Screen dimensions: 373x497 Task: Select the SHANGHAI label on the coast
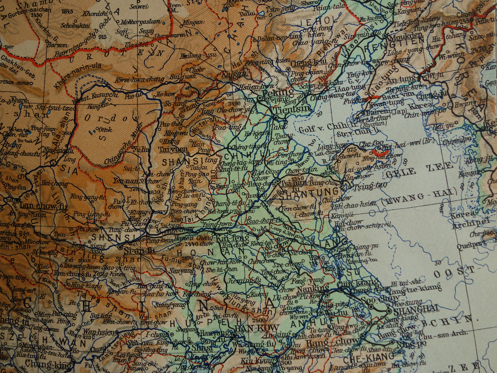click(x=416, y=309)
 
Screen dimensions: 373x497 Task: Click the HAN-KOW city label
click(x=251, y=328)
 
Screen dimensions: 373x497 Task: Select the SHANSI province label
click(x=178, y=161)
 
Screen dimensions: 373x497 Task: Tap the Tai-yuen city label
click(x=173, y=149)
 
